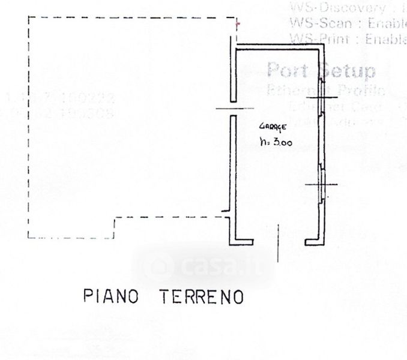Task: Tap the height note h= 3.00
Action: coord(276,143)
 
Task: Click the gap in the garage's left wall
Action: coord(229,109)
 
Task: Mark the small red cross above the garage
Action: coord(238,24)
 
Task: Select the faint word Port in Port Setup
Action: coord(289,70)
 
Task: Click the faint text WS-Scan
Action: coord(313,24)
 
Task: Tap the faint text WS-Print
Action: coord(315,39)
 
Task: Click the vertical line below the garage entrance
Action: coord(279,243)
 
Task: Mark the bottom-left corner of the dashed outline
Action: coord(28,238)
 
